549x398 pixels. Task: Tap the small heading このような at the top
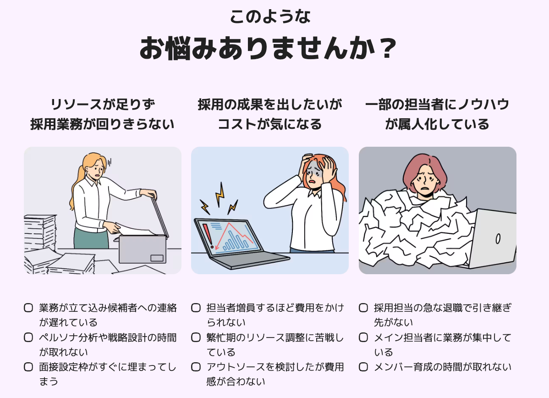(x=270, y=17)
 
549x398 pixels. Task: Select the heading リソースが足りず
(x=103, y=105)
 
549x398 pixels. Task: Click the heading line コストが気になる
(x=269, y=124)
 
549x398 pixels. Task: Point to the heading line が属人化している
(x=437, y=124)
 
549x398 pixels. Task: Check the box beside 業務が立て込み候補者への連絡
(x=28, y=308)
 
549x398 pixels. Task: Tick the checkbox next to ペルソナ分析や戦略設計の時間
(x=28, y=337)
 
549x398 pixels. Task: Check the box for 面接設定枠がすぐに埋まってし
(x=28, y=367)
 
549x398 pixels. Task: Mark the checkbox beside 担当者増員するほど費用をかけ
(x=196, y=308)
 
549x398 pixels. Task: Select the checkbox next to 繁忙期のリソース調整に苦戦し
(x=196, y=337)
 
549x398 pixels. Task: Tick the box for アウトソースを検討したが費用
(x=196, y=367)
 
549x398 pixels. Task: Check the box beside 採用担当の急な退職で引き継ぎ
(x=363, y=308)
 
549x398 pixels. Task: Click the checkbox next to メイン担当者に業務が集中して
(x=363, y=337)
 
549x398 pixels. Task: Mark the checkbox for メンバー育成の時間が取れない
(x=363, y=367)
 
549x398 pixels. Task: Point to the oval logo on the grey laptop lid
(x=498, y=238)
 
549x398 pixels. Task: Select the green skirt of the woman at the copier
(x=91, y=238)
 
